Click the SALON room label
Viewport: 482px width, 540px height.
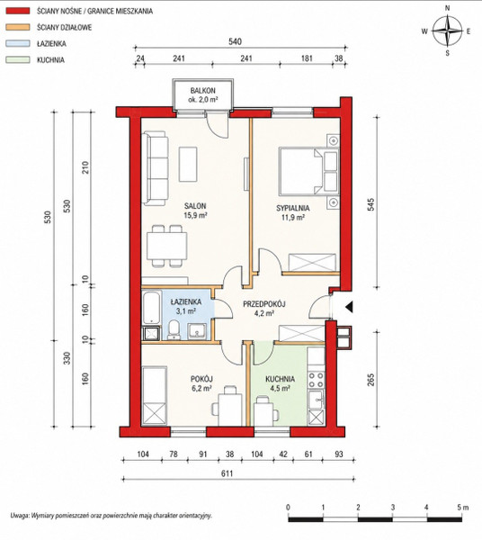195,206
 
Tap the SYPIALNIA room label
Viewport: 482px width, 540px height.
293,208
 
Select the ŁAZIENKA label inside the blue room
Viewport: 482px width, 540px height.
186,302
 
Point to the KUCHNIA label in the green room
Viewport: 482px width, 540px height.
280,379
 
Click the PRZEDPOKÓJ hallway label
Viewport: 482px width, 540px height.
264,304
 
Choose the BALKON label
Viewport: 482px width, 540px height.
203,91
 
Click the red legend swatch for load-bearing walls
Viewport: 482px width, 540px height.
18,11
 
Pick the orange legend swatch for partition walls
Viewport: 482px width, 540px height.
18,27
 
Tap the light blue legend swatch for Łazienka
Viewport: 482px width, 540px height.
18,43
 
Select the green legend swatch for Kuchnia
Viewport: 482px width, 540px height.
18,59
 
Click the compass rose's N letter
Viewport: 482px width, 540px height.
447,9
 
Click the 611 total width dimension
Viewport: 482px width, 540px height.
228,473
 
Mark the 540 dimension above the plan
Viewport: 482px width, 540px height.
235,41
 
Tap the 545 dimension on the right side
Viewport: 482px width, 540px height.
370,204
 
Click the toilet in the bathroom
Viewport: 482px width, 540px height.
174,330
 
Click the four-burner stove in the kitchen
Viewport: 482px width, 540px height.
316,379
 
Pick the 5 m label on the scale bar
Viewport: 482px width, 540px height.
463,508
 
